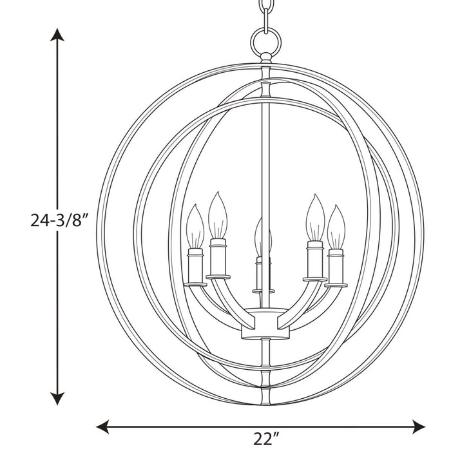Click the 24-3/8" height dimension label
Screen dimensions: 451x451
tap(59, 221)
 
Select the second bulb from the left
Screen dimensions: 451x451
tap(218, 216)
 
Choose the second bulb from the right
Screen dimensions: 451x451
tap(314, 218)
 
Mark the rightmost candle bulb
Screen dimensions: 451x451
tap(336, 227)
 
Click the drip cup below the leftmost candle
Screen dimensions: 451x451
tap(195, 284)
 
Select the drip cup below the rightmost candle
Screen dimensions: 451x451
tap(335, 284)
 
